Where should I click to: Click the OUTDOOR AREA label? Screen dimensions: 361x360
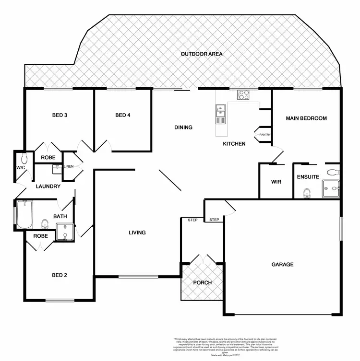[202, 54]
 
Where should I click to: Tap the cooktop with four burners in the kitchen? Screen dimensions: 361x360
[244, 95]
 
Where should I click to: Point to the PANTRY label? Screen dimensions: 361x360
[265, 135]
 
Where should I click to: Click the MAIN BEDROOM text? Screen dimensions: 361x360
[306, 118]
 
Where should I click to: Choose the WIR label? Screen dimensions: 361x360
[276, 182]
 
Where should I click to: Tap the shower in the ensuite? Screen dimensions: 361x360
[330, 189]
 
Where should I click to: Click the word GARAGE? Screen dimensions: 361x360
[282, 264]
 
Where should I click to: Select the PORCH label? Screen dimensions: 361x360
[202, 282]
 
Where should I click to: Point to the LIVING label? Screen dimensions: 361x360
[137, 233]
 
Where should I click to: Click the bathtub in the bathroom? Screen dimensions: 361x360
[24, 215]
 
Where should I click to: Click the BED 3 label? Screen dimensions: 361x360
[60, 115]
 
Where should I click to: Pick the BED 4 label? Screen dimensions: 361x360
[123, 115]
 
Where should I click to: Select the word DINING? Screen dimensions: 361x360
[183, 128]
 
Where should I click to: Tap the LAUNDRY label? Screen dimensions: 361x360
[48, 186]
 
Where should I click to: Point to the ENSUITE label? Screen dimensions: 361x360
[308, 177]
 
